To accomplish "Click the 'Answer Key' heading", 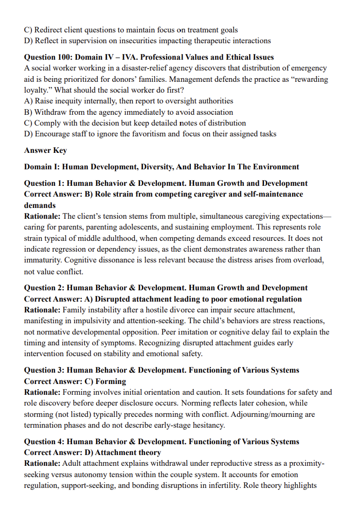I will click(x=45, y=150).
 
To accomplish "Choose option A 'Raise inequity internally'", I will click(x=129, y=101).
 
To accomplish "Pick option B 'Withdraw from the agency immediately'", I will click(x=129, y=112).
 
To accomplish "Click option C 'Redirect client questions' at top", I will click(x=131, y=30).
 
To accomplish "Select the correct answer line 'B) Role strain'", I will click(x=163, y=195).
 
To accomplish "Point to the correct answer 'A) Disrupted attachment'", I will click(x=163, y=299).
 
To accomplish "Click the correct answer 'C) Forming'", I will click(x=75, y=381).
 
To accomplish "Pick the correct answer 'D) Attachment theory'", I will click(x=93, y=453).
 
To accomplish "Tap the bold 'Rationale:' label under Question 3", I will click(x=42, y=392).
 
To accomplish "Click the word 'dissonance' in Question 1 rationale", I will click(x=102, y=260).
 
